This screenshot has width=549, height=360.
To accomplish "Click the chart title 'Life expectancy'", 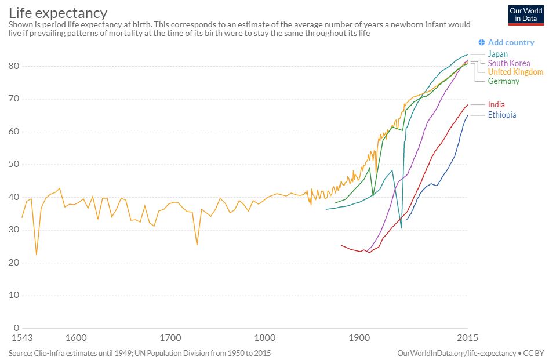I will click(x=58, y=12).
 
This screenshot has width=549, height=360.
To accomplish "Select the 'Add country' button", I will click(x=506, y=42).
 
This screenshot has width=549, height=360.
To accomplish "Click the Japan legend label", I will click(x=497, y=54).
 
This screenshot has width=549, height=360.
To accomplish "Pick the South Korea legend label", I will click(x=508, y=63).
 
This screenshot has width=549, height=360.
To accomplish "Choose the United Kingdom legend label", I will click(x=515, y=72).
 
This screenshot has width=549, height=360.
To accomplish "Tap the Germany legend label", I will click(x=503, y=81).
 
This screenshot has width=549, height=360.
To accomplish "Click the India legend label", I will click(x=496, y=104).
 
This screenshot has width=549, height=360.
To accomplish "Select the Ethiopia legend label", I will click(x=501, y=115).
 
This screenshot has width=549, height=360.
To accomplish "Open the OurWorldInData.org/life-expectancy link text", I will click(x=457, y=352).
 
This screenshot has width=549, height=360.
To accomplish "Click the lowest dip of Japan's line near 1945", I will click(x=401, y=228).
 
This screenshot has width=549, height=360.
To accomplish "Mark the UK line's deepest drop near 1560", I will click(x=37, y=254).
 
